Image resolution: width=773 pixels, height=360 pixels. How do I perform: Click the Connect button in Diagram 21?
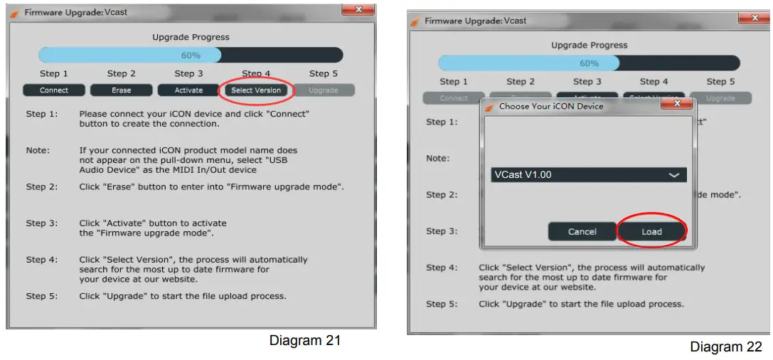(54, 90)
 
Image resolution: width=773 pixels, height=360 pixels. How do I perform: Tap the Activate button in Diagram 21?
(188, 90)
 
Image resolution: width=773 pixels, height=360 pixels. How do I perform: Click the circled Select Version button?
(256, 90)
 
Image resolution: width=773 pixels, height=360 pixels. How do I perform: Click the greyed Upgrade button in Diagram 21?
(324, 90)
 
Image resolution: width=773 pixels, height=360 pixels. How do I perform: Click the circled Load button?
(651, 231)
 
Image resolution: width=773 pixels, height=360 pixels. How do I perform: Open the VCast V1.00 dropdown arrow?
(674, 175)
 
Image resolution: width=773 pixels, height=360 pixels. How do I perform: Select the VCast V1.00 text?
(523, 175)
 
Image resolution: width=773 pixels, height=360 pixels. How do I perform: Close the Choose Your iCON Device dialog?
(676, 105)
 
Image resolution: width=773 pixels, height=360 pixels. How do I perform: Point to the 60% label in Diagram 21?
(191, 55)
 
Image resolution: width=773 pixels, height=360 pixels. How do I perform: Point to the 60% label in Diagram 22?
(589, 63)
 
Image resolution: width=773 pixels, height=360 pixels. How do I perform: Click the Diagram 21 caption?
(304, 340)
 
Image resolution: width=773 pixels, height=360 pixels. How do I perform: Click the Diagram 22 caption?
(725, 346)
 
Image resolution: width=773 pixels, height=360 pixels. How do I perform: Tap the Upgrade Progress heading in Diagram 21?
(191, 37)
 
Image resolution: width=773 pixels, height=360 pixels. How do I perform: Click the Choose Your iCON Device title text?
(551, 106)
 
